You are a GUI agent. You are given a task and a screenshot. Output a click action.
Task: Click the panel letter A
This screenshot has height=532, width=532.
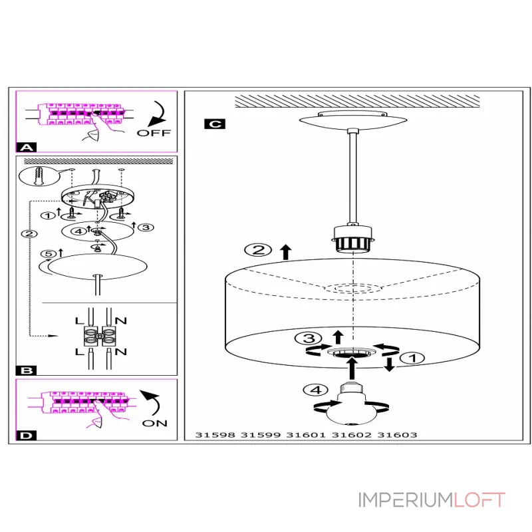pos(26,147)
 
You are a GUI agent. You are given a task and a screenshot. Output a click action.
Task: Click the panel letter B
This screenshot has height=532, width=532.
pos(26,370)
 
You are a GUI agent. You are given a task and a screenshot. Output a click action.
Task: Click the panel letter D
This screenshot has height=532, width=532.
pos(26,436)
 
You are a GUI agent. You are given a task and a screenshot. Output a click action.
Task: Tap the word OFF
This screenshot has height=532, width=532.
pos(154,132)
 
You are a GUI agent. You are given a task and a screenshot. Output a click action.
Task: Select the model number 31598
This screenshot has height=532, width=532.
pos(214,436)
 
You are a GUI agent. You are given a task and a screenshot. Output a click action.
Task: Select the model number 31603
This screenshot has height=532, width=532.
pos(397,436)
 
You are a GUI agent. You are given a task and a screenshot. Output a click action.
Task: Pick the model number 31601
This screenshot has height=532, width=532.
pos(306,436)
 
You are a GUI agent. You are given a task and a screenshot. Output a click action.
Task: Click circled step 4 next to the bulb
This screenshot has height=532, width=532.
pos(315,390)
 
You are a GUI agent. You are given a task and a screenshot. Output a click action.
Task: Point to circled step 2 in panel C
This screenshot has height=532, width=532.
pos(257,251)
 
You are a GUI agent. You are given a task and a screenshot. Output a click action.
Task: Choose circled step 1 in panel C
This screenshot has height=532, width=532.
pos(414,358)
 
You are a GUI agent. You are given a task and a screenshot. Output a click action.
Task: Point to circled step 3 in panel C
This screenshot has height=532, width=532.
pos(305,338)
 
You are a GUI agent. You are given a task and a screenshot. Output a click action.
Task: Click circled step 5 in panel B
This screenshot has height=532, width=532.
pos(47,253)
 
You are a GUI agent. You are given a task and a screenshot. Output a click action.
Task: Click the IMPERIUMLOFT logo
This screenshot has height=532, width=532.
pos(432,500)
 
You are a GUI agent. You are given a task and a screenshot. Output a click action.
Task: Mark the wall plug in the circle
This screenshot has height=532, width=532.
pos(37,176)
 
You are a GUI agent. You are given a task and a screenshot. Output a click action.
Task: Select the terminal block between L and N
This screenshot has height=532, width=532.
pos(101,335)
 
